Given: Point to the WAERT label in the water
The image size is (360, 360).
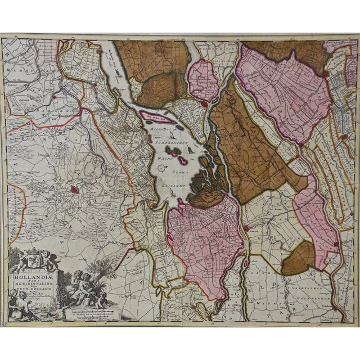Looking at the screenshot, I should click(x=163, y=159).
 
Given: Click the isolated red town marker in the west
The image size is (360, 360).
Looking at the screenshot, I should click(x=74, y=190).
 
